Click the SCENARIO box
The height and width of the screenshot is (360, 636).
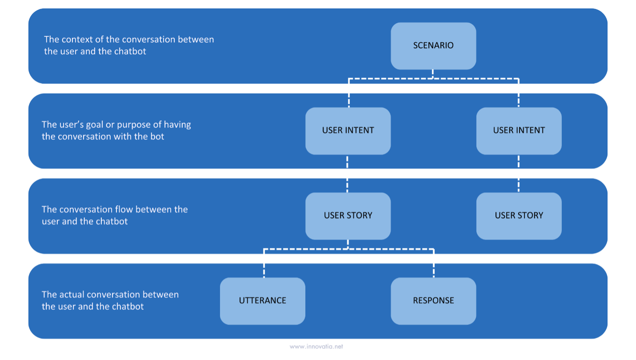(x=433, y=46)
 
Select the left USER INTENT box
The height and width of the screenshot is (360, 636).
(x=348, y=131)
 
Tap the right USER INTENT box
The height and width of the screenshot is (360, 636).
(x=519, y=131)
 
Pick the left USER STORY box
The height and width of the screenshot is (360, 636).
(x=348, y=216)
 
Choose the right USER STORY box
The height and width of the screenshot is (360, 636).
(x=519, y=216)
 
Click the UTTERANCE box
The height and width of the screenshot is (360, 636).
(x=262, y=301)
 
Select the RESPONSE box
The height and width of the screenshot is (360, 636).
(x=433, y=301)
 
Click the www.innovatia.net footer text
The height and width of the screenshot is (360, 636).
(x=316, y=347)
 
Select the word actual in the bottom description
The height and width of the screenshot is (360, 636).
(x=71, y=295)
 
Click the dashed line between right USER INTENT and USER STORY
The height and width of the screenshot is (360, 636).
(x=519, y=174)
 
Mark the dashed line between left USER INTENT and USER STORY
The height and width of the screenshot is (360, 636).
(x=347, y=174)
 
